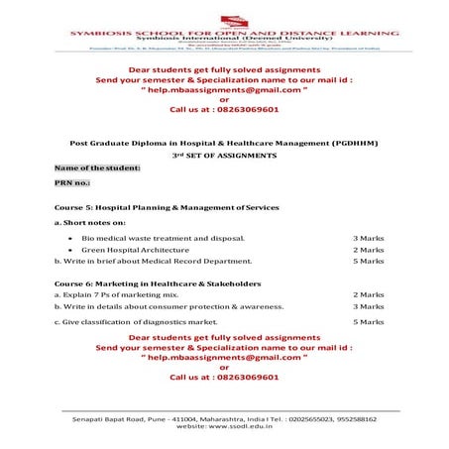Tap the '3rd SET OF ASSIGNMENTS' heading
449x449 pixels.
(224, 157)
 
